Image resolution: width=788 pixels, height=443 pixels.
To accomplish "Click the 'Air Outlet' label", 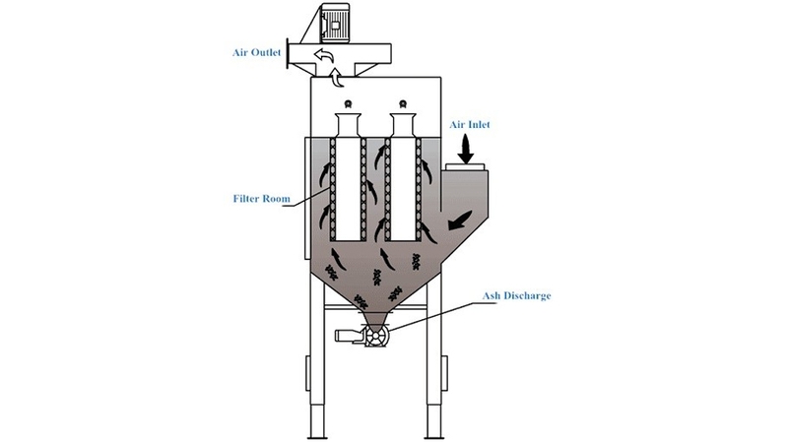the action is pyautogui.click(x=256, y=53).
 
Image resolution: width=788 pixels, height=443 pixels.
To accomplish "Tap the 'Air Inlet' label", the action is pyautogui.click(x=470, y=125).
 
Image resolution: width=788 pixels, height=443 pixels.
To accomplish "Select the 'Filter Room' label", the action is pyautogui.click(x=261, y=199).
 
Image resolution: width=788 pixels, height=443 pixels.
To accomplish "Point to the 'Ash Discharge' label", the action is pyautogui.click(x=516, y=295).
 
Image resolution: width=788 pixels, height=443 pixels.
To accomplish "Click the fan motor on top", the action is pyautogui.click(x=335, y=23).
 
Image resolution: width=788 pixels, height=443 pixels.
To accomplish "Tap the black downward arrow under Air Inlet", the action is pyautogui.click(x=466, y=150).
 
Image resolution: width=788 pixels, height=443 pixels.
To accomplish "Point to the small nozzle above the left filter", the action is pyautogui.click(x=348, y=104).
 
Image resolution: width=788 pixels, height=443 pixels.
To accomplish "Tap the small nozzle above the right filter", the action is pyautogui.click(x=403, y=104).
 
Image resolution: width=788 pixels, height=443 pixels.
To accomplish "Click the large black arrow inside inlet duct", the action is pyautogui.click(x=460, y=221).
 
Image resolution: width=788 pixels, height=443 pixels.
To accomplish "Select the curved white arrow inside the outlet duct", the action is pyautogui.click(x=323, y=55).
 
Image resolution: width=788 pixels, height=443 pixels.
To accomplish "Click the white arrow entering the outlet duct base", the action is pyautogui.click(x=337, y=78).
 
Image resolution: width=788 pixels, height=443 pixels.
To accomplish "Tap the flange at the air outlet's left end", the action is pyautogui.click(x=288, y=53).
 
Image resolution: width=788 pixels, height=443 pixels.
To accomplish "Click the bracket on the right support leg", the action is pyautogui.click(x=444, y=373).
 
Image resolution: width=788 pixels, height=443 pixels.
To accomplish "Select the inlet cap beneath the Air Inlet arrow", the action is pyautogui.click(x=465, y=166).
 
